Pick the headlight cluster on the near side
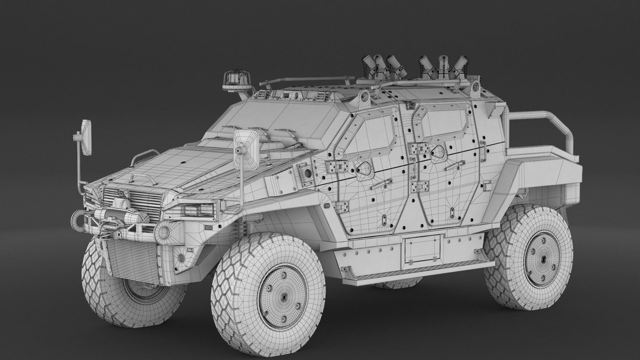coord(196,209)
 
